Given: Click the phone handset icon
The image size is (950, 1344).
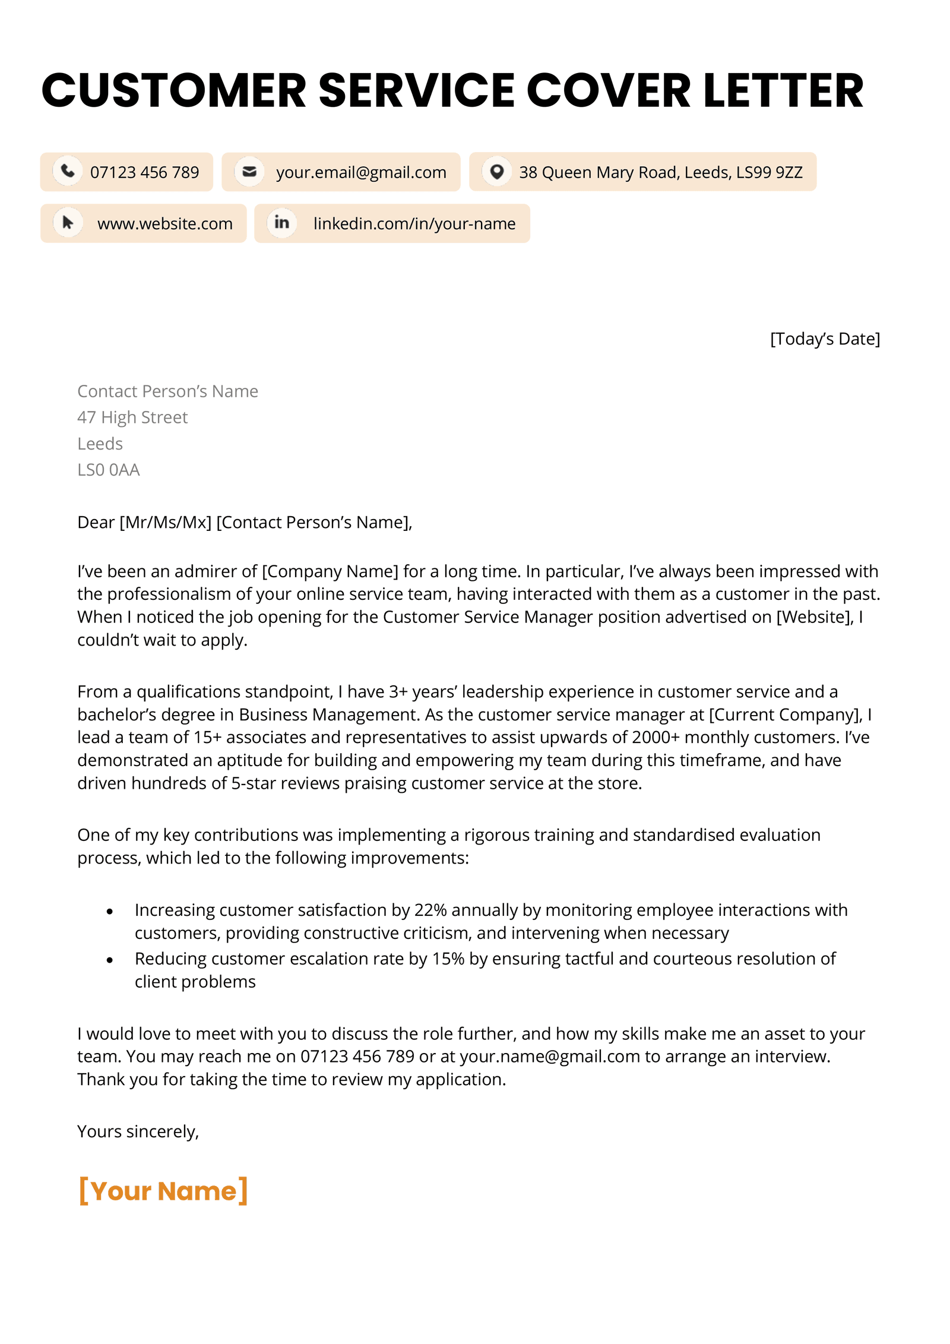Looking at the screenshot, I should [68, 171].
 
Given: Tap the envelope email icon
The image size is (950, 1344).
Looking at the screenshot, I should [249, 171].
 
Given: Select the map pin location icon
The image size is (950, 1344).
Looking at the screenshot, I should [496, 172].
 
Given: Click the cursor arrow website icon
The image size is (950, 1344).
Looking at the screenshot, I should [68, 223].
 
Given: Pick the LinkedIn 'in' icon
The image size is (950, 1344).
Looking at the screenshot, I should [281, 223].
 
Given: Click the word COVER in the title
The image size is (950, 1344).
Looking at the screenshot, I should [608, 90].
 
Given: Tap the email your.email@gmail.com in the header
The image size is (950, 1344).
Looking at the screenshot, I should [361, 172].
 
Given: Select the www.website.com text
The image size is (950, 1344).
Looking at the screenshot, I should [165, 224].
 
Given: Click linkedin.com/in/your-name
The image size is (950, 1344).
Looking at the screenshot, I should [414, 224].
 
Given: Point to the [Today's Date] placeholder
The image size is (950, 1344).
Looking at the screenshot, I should [824, 339].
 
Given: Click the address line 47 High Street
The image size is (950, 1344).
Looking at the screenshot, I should [132, 418].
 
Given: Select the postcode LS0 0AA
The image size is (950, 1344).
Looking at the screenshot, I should [108, 470].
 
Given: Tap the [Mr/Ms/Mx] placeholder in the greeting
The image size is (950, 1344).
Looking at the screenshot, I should [165, 522].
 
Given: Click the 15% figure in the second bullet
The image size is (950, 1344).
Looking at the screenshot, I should [448, 959].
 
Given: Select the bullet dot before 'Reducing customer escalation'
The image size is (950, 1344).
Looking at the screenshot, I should [110, 960].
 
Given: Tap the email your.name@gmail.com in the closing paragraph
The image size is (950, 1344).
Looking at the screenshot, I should [550, 1057].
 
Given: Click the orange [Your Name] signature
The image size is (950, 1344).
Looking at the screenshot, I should [163, 1191].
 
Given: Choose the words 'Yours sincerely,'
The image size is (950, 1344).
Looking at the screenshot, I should [138, 1131].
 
